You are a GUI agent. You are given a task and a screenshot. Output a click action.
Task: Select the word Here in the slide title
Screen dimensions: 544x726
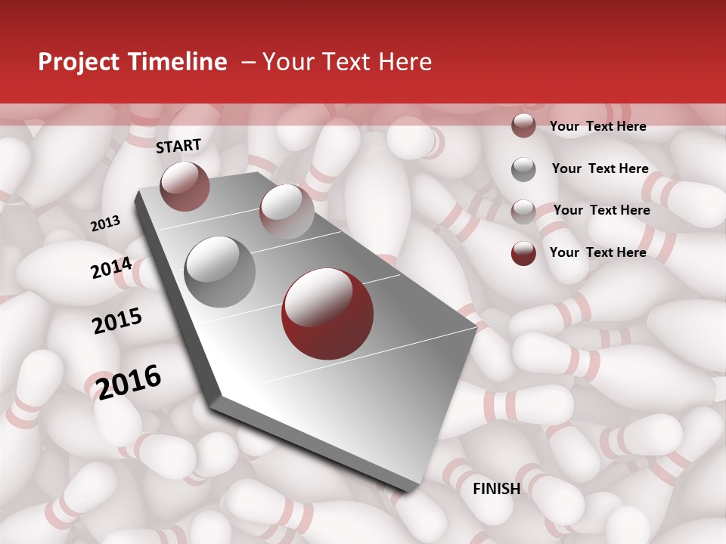[x=405, y=62]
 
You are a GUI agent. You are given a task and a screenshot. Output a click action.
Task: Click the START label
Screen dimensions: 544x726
[x=178, y=146]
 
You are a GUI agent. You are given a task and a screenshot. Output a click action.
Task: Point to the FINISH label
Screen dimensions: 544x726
[x=496, y=489]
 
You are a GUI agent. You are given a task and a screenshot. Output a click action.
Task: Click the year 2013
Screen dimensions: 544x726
[x=105, y=224]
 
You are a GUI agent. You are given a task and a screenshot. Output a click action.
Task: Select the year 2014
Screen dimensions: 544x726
[x=111, y=268]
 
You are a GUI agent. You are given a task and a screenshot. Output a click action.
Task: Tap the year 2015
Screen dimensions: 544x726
[x=117, y=321]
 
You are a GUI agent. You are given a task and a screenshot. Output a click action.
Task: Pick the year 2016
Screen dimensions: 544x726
[x=129, y=382]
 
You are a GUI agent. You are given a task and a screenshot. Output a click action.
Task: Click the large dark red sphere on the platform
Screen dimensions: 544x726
[x=327, y=314]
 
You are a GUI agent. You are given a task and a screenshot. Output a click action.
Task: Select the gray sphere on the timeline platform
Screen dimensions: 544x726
[x=220, y=272]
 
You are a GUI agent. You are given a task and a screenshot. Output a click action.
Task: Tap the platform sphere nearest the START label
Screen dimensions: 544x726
[x=185, y=186]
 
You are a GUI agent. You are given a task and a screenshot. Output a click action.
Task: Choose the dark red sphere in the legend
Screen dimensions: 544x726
[x=523, y=253]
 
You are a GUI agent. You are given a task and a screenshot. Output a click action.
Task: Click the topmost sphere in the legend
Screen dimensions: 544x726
[x=523, y=126]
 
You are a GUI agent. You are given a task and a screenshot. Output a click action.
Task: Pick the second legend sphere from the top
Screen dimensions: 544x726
[x=523, y=169]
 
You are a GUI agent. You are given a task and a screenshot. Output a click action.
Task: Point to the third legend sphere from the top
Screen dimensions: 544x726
[x=523, y=211]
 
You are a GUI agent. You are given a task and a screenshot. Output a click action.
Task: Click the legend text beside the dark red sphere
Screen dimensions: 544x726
[x=597, y=252]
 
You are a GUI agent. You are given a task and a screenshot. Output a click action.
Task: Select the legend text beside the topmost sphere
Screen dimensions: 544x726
[x=597, y=126]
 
